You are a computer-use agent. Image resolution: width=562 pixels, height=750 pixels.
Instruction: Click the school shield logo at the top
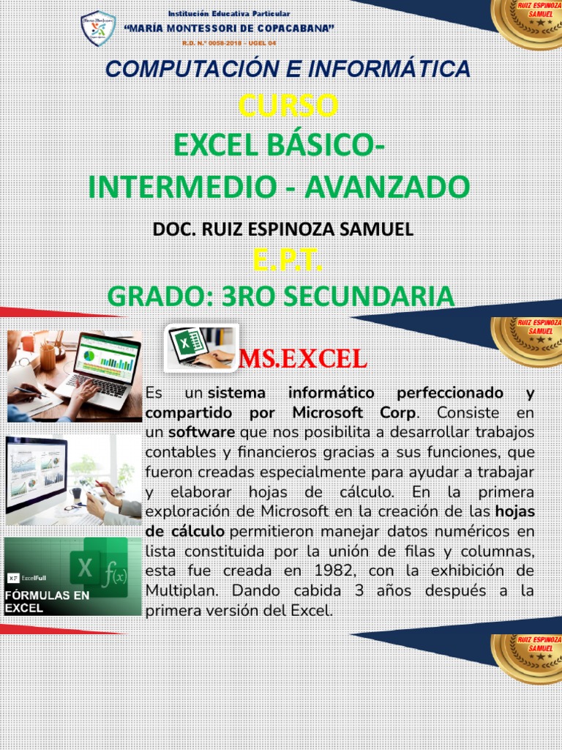(98, 29)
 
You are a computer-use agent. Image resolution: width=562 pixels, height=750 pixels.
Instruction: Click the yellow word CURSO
(288, 106)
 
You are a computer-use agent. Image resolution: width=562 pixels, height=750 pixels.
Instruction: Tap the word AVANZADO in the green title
(387, 187)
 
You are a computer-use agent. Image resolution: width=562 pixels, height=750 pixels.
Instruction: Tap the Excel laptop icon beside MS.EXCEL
(201, 347)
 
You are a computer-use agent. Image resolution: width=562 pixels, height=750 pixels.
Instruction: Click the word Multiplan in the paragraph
(179, 590)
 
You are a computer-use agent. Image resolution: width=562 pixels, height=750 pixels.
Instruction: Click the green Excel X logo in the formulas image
(86, 568)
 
